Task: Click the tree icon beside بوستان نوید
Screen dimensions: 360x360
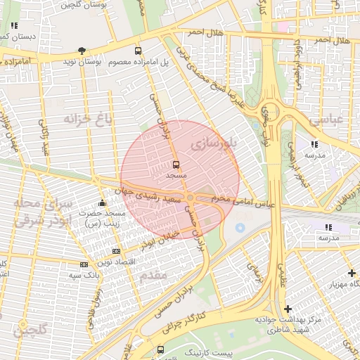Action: tap(83, 51)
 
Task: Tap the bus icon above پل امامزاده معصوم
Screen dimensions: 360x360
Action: tap(139, 51)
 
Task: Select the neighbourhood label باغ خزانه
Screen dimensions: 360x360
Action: tap(88, 117)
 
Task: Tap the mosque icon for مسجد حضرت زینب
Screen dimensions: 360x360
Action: tap(103, 203)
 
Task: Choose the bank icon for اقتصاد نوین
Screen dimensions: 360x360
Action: tap(116, 251)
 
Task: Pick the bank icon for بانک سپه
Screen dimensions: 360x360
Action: tap(84, 264)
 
